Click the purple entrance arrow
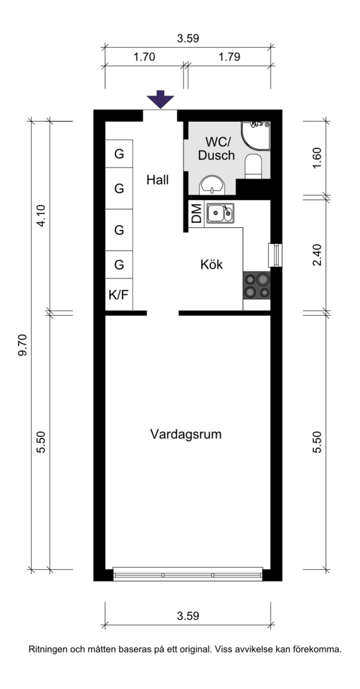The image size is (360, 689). click(161, 99)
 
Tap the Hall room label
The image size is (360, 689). click(158, 180)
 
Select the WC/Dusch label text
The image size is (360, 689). click(216, 148)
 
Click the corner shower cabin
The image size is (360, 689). click(255, 136)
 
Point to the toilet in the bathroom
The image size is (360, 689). click(253, 166)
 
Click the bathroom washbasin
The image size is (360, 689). click(213, 186)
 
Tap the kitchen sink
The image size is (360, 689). click(219, 213)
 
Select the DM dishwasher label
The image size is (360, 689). click(197, 213)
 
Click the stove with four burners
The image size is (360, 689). click(257, 285)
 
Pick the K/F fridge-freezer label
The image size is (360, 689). click(118, 294)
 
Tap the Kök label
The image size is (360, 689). click(211, 265)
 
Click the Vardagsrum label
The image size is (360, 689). click(186, 435)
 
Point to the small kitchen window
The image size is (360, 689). click(276, 255)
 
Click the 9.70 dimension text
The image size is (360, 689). click(22, 346)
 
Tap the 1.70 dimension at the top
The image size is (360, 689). click(144, 57)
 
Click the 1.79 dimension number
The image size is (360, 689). click(229, 57)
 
